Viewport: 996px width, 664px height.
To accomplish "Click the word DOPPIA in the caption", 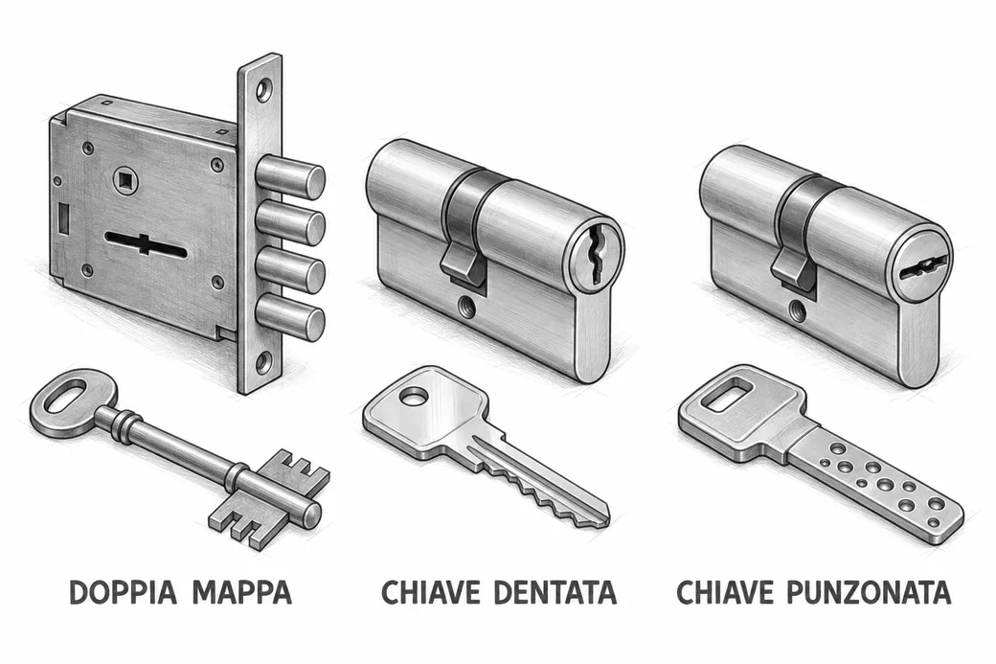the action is click(x=123, y=592).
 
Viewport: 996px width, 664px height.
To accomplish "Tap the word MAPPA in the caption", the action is click(x=242, y=592).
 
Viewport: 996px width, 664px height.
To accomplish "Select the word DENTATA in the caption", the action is click(x=555, y=592).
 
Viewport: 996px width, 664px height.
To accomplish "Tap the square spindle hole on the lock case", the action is click(x=124, y=179).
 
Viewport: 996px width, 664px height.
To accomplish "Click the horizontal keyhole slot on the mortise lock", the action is click(x=146, y=244).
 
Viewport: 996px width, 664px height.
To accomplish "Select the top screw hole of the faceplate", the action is click(x=263, y=90).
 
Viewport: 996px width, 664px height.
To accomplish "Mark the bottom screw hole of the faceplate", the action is click(x=261, y=363).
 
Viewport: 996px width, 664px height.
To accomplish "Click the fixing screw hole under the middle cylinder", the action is click(x=468, y=307).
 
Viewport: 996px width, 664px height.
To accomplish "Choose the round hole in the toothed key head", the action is click(x=413, y=397).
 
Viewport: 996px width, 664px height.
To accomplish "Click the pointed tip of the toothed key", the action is click(x=608, y=515).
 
